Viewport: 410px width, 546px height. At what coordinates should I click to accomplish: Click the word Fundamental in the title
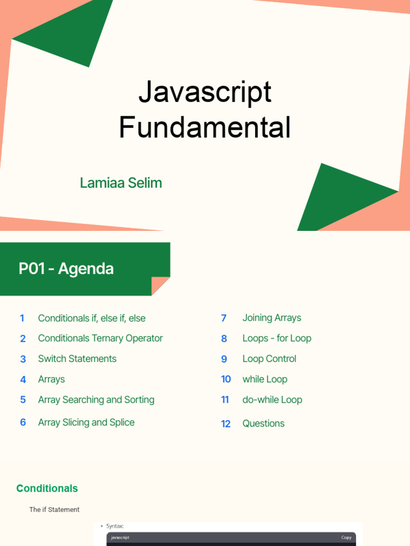click(x=205, y=128)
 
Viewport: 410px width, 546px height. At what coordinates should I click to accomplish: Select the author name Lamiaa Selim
click(x=121, y=183)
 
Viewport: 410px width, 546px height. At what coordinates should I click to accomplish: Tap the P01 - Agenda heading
click(x=66, y=269)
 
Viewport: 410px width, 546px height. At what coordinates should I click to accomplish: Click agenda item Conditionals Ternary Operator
click(x=100, y=339)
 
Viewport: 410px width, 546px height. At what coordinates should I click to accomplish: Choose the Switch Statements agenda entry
click(x=77, y=359)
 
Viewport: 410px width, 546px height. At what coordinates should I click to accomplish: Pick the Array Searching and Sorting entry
click(x=96, y=400)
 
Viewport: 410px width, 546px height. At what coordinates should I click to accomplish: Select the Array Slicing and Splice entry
click(x=86, y=422)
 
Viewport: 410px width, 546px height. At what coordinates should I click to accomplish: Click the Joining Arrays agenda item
click(x=272, y=318)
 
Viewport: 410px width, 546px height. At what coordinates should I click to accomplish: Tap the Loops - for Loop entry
click(x=277, y=339)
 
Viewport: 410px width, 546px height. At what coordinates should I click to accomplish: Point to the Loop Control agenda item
click(x=269, y=359)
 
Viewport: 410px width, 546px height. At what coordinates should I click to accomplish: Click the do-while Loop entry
click(x=272, y=400)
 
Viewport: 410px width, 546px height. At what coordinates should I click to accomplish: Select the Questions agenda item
click(x=263, y=423)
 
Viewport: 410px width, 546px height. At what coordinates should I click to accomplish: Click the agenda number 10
click(x=226, y=379)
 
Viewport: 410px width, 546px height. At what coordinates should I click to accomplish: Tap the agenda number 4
click(x=23, y=380)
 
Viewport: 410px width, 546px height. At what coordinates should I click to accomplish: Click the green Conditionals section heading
click(x=47, y=488)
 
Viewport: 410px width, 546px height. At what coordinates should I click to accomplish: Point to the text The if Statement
click(x=54, y=510)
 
